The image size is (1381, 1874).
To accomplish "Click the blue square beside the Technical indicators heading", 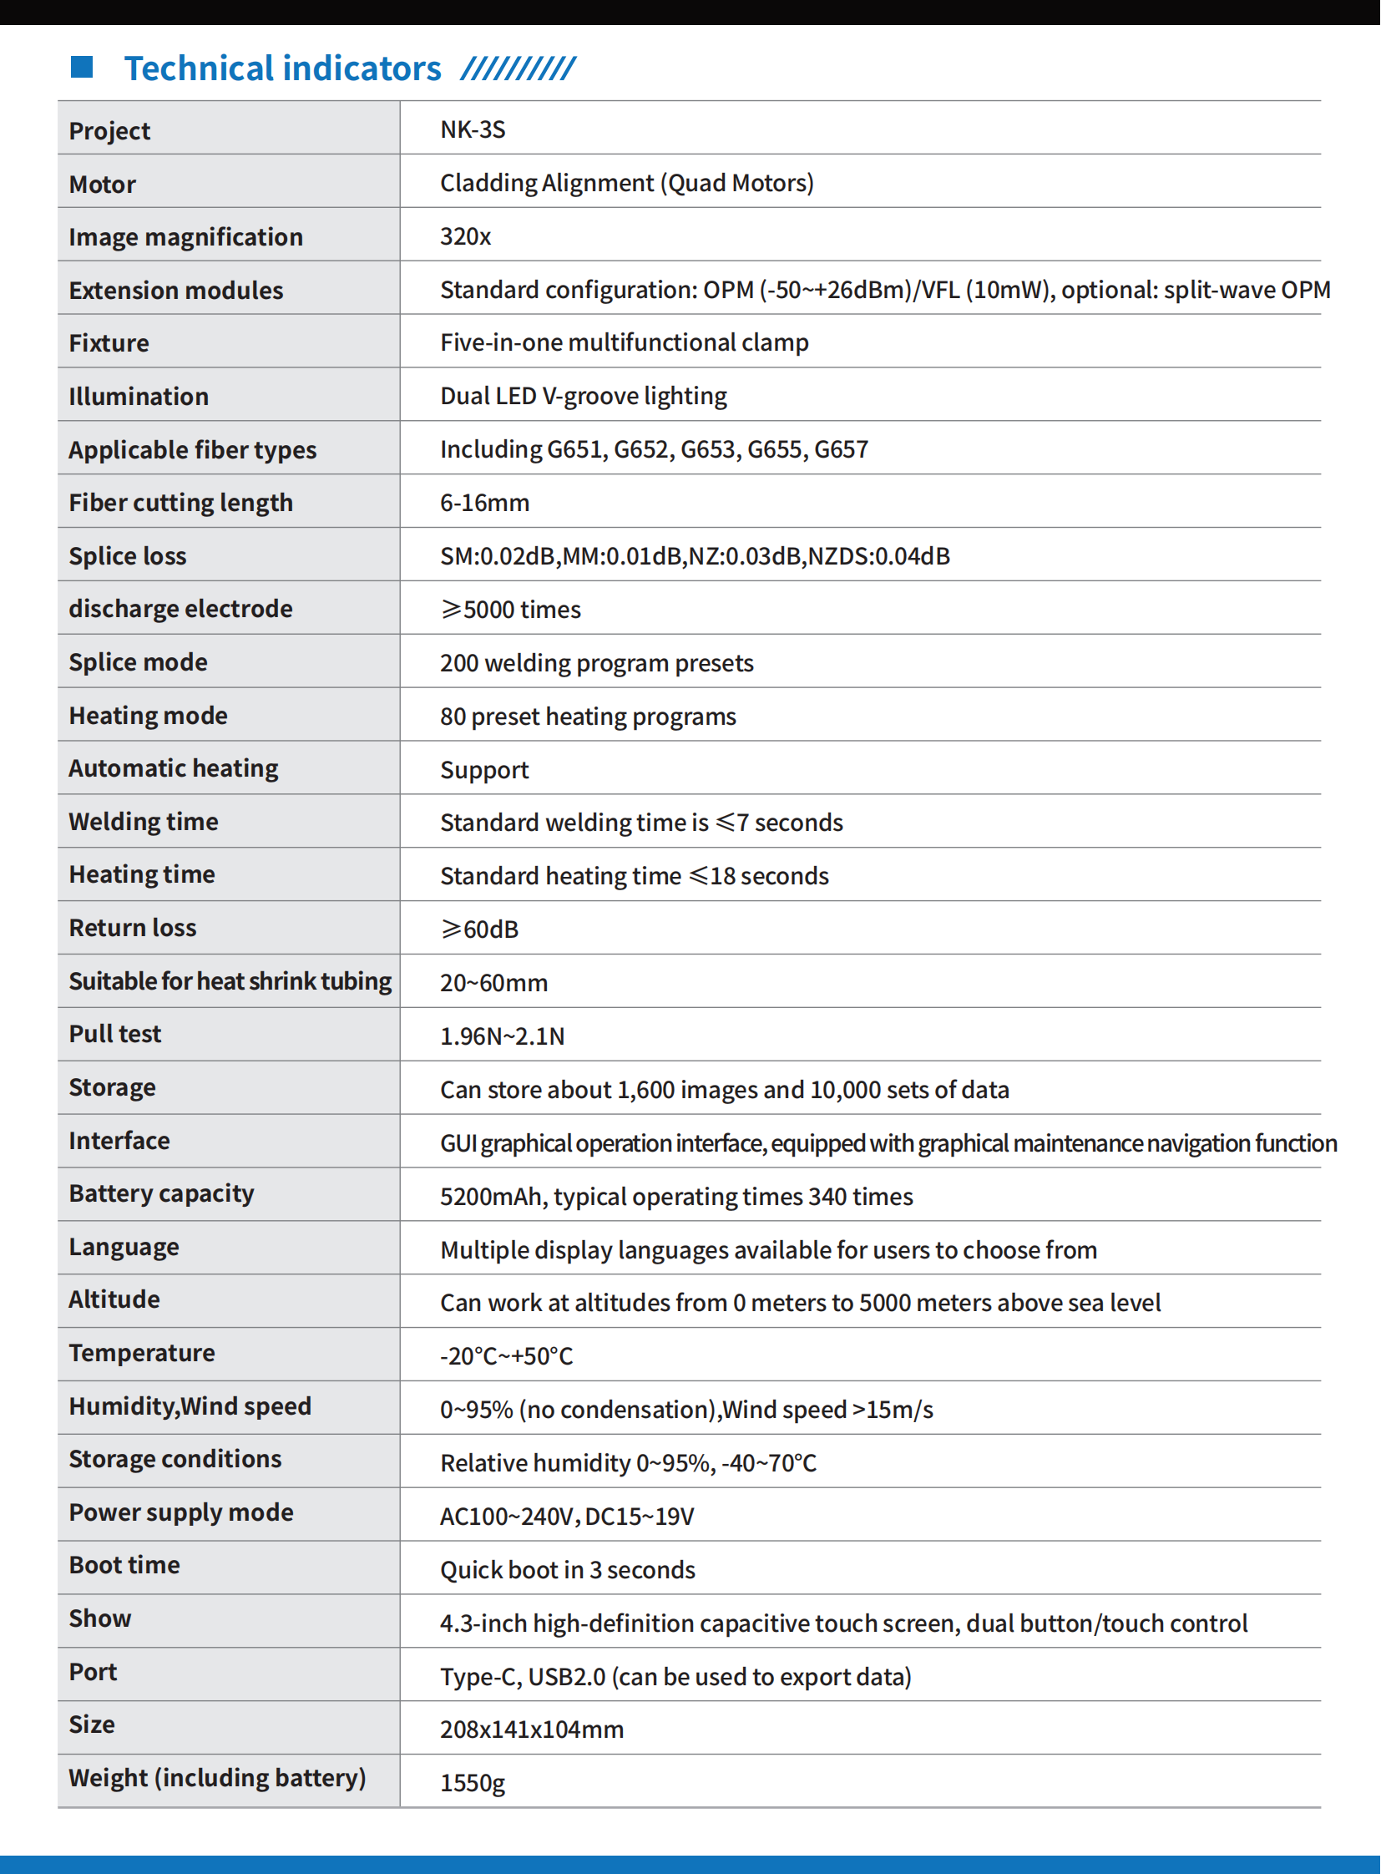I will tap(81, 67).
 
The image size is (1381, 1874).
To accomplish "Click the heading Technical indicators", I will tap(282, 68).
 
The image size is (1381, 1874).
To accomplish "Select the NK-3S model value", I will tap(473, 129).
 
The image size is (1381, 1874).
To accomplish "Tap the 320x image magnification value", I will tap(466, 236).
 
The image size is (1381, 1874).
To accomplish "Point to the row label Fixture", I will tap(109, 343).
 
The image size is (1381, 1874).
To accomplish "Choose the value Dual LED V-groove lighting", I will tap(584, 396).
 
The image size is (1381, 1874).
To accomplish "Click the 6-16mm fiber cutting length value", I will tap(485, 503).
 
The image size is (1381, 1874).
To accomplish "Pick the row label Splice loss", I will tap(127, 556).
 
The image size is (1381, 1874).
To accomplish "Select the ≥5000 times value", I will tap(511, 610).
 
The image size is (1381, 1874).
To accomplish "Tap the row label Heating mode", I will tap(148, 716).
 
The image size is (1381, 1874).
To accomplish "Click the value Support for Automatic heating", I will tap(485, 770).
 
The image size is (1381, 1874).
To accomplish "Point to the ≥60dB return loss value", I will tap(480, 929).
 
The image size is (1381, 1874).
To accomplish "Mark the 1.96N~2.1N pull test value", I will tap(503, 1036).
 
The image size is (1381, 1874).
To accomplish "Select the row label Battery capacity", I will tap(161, 1193).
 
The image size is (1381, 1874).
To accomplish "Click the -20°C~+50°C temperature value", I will tap(507, 1355).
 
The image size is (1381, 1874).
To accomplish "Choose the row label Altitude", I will tap(114, 1299).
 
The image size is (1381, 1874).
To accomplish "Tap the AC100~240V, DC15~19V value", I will tap(567, 1516).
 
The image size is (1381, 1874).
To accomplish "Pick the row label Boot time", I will tap(124, 1566).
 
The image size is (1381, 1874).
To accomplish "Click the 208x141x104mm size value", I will tap(532, 1730).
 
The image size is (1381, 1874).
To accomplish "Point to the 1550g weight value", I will tap(473, 1783).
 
